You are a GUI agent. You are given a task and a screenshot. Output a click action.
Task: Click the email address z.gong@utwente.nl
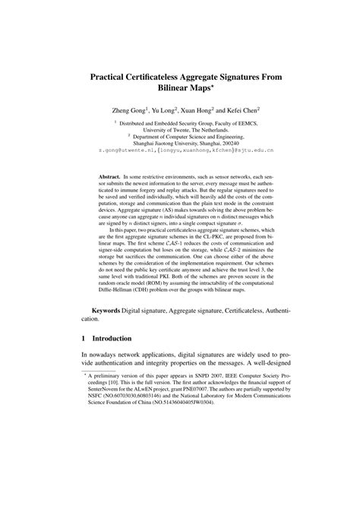coord(125,151)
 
